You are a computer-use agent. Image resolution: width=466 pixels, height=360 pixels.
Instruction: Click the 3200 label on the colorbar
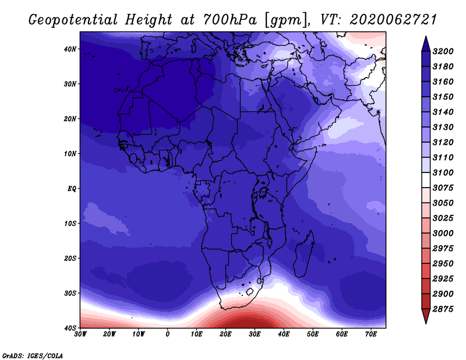[443, 51]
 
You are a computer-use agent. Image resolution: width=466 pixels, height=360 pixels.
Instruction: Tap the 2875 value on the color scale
[443, 309]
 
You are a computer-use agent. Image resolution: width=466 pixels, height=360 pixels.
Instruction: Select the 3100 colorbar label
[443, 172]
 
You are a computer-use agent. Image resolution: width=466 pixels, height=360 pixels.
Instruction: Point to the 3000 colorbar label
[443, 234]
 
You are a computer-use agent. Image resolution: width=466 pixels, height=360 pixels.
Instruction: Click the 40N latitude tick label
[70, 49]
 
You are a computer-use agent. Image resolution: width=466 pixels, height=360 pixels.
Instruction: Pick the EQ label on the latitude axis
[72, 189]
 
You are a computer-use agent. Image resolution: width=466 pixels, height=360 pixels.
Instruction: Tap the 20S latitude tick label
[70, 258]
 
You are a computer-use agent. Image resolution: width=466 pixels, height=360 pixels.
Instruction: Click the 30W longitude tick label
[80, 334]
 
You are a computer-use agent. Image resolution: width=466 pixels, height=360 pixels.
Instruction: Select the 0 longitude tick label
[168, 334]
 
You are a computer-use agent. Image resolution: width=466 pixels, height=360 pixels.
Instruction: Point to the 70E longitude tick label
[371, 334]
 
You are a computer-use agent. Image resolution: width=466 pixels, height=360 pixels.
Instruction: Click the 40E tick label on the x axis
[284, 334]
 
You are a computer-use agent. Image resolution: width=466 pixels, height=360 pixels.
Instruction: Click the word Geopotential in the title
[73, 20]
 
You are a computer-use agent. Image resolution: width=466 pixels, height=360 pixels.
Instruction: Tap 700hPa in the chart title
[230, 20]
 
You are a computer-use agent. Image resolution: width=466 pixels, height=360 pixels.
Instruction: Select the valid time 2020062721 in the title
[393, 20]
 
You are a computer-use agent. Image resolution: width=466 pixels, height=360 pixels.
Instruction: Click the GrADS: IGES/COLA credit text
[33, 356]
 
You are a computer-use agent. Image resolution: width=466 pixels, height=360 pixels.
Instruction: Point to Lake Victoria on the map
[263, 193]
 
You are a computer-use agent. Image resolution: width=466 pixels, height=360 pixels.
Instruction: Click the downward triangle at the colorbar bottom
[426, 316]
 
